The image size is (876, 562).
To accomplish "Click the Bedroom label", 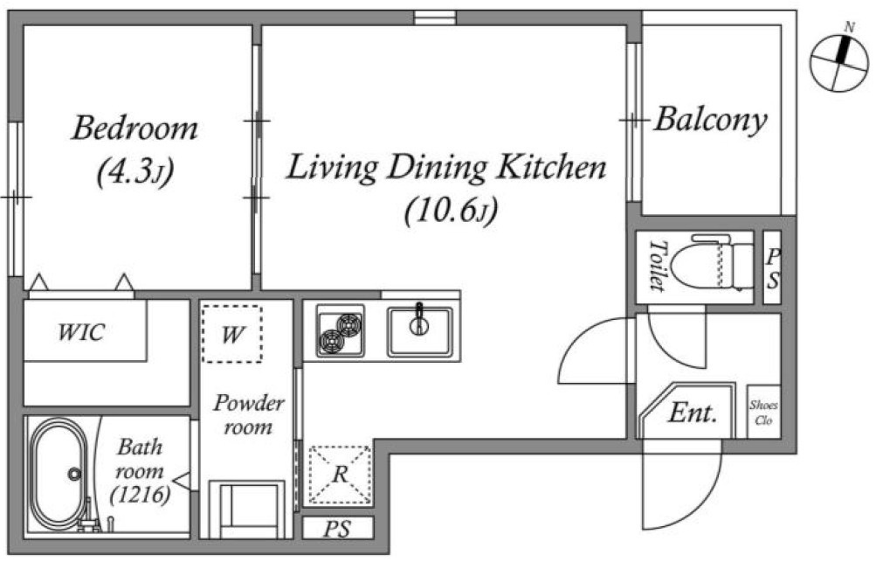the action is [135, 128].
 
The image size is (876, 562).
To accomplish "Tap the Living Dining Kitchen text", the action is [445, 167].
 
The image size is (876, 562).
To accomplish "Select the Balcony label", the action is [711, 121].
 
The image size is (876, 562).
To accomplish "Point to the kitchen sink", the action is [419, 331].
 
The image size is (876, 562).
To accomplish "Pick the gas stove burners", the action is [341, 331].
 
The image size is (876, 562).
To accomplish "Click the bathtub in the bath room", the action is [58, 475].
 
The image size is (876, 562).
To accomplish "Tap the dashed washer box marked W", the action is [231, 334].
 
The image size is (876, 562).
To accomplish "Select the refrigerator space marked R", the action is [340, 475].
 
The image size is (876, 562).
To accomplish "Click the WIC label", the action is [81, 332].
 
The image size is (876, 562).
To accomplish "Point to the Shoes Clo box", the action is [763, 412].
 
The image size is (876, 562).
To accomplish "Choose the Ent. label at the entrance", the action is [693, 413].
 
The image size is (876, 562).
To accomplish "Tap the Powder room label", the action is [249, 414].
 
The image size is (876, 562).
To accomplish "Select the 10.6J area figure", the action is [451, 211].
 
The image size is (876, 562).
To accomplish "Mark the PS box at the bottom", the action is [338, 529].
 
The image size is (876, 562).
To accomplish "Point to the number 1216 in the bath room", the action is [141, 495].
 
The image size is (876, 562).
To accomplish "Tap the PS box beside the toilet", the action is [772, 267].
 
